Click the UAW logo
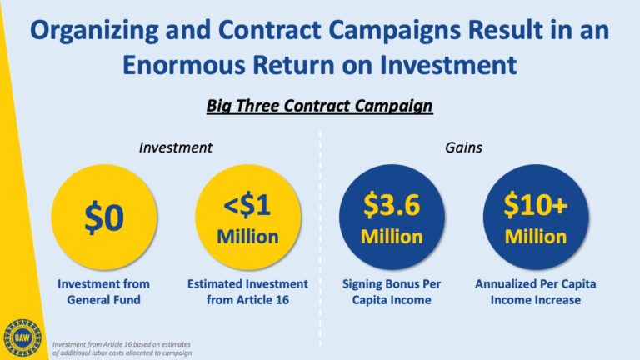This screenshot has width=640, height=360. [22, 338]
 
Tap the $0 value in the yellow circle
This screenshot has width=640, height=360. [104, 218]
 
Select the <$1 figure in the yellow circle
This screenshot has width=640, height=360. [247, 205]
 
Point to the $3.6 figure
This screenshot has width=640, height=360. [392, 205]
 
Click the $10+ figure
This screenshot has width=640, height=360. [536, 205]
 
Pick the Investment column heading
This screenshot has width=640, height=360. [176, 147]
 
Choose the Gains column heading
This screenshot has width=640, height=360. [463, 147]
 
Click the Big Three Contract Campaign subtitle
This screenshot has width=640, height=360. [320, 106]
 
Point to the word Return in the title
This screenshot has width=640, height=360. [294, 65]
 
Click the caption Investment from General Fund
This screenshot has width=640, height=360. [103, 292]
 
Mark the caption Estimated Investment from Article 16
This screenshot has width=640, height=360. [247, 292]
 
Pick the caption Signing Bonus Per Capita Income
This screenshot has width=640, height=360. [392, 292]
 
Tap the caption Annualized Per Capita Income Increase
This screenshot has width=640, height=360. [536, 292]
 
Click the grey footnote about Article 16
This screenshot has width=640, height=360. [122, 348]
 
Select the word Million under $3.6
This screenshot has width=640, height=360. [392, 237]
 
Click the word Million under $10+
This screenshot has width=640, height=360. [536, 237]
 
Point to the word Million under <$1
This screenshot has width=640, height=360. [247, 237]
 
